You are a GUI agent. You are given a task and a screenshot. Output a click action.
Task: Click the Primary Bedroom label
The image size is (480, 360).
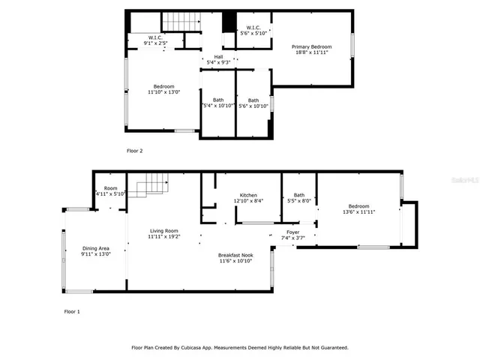(x=311, y=46)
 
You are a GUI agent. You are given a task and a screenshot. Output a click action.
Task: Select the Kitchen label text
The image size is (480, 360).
(x=248, y=195)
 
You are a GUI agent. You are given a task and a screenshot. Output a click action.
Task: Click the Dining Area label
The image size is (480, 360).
(x=96, y=248)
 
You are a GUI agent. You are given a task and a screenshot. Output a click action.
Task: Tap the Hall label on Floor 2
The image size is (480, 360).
(x=218, y=56)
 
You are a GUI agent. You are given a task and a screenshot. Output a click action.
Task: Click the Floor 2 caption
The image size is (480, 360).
(x=134, y=151)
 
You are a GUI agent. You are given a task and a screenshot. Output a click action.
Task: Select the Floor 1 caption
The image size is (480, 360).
(x=72, y=310)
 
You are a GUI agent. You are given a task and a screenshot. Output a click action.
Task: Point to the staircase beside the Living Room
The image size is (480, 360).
(x=150, y=183)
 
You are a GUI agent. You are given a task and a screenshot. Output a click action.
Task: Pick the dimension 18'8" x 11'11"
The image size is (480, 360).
(x=311, y=52)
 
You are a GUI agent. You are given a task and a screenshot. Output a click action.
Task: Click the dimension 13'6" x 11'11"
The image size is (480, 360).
(x=358, y=212)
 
